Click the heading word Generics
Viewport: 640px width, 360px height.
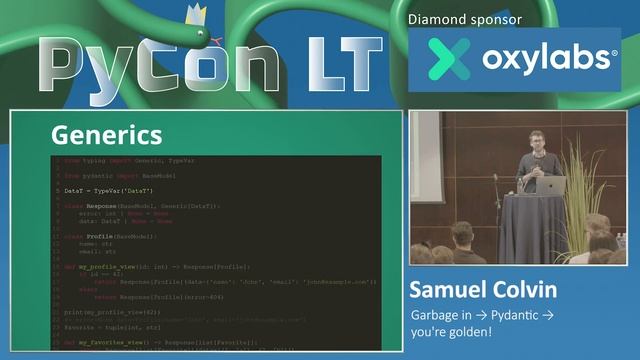[x=106, y=134]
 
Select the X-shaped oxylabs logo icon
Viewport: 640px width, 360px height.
[x=447, y=58]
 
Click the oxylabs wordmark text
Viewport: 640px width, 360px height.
[x=549, y=58]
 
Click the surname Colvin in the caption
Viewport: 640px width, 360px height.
[x=531, y=292]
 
